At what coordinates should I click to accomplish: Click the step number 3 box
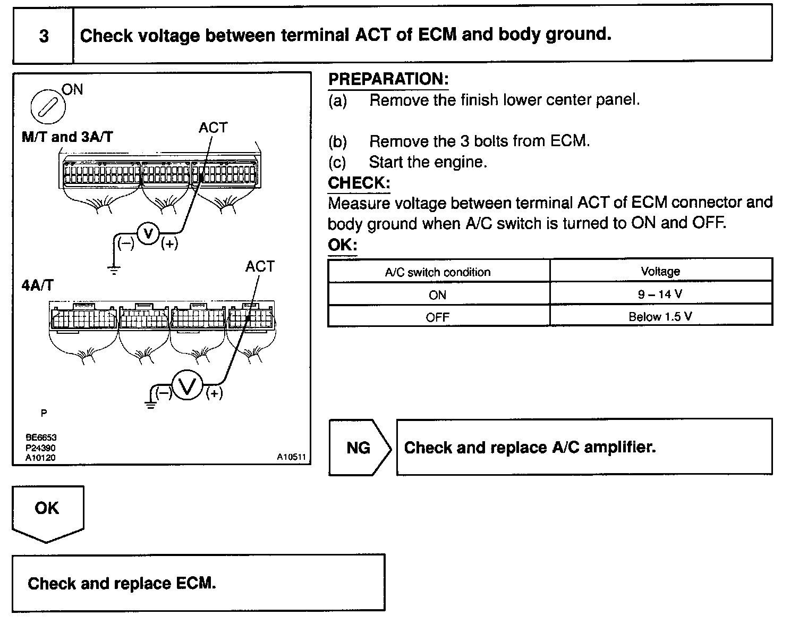point(43,36)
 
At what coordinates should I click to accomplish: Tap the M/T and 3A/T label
point(67,137)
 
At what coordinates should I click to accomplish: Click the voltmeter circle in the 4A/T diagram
point(187,386)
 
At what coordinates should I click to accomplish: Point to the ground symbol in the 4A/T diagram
point(151,405)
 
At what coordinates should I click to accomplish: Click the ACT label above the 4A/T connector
point(260,266)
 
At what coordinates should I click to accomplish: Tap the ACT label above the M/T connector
point(213,128)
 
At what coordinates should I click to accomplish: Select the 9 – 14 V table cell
point(660,294)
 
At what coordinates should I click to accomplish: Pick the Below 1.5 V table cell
point(660,317)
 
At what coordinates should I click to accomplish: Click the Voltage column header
point(660,271)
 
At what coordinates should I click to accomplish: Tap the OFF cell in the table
point(438,317)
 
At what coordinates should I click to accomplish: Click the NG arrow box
point(359,448)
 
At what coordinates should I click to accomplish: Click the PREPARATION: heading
point(388,79)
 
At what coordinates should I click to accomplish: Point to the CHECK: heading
point(359,183)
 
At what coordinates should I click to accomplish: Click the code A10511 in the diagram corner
point(291,457)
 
